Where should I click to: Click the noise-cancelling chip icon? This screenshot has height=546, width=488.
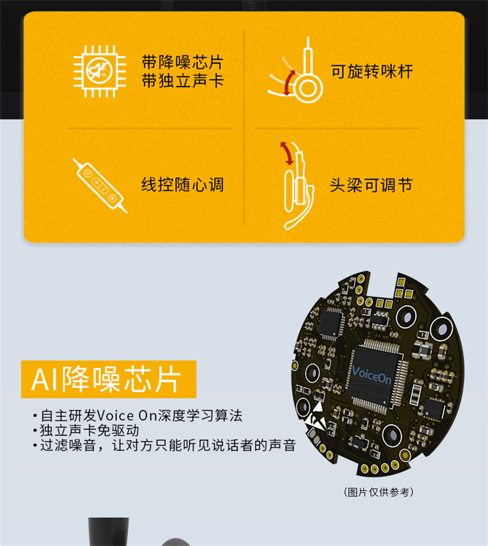100,72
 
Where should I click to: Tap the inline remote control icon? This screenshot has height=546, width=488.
100,185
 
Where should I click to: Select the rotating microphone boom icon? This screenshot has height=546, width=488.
295,72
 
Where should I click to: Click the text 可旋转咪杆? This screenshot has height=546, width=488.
372,72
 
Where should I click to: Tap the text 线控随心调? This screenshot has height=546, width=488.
182,184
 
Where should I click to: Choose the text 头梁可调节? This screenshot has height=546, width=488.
371,185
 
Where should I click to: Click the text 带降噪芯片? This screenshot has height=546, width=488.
182,63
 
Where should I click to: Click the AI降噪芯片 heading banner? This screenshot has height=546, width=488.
109,379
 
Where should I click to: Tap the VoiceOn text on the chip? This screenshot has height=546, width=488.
371,375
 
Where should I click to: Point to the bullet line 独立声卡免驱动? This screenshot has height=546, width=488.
87,431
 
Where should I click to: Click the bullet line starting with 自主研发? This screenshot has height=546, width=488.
138,416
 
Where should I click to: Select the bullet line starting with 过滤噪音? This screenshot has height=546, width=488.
165,446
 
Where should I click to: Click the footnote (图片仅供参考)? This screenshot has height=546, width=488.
379,492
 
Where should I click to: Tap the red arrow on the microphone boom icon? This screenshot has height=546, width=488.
288,83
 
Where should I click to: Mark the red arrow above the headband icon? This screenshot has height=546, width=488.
288,153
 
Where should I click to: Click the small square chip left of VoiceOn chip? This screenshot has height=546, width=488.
331,323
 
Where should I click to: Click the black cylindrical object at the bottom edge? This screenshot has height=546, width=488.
108,532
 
